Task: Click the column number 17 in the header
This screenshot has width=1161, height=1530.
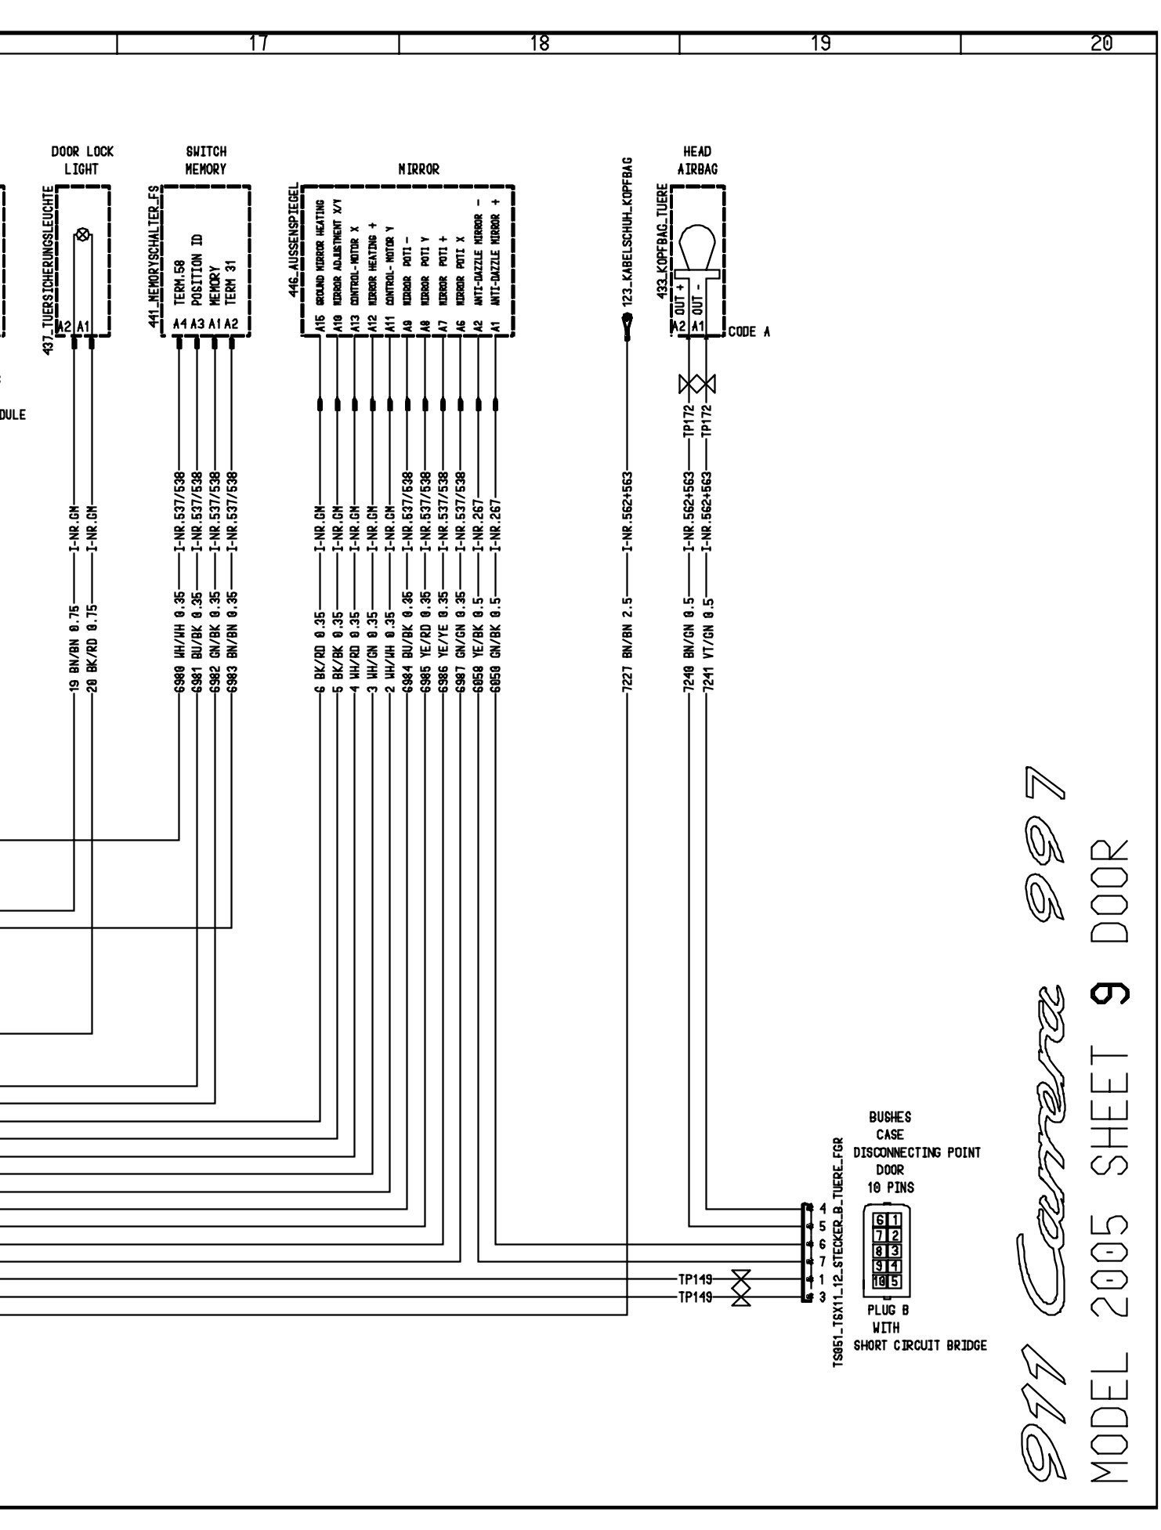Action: click(x=258, y=45)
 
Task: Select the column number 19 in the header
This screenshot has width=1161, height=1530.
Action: click(x=820, y=45)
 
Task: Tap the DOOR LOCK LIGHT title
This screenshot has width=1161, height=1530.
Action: click(x=82, y=160)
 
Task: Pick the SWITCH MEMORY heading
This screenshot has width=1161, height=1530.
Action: click(x=205, y=160)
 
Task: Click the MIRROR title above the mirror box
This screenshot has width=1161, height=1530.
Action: click(x=418, y=169)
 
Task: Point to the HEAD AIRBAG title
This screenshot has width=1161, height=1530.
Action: click(x=698, y=160)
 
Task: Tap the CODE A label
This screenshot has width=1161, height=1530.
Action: click(x=749, y=331)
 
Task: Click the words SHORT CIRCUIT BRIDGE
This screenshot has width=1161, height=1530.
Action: click(x=920, y=1345)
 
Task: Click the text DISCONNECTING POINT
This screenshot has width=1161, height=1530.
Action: click(x=916, y=1152)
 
